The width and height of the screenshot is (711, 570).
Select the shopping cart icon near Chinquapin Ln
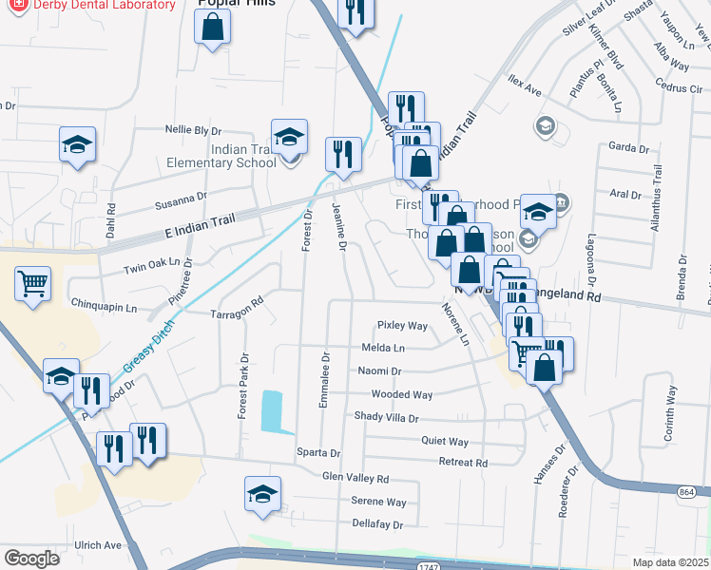point(32,282)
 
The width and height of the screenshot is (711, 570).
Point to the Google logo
point(32,559)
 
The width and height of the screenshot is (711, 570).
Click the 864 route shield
point(689,492)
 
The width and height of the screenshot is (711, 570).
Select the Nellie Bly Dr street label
point(193,130)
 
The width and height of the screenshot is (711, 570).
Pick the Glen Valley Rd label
point(355,478)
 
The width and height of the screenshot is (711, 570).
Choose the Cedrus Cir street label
point(678,88)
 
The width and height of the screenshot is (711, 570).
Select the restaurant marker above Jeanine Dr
point(343,153)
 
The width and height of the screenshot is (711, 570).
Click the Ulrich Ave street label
point(99,545)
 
